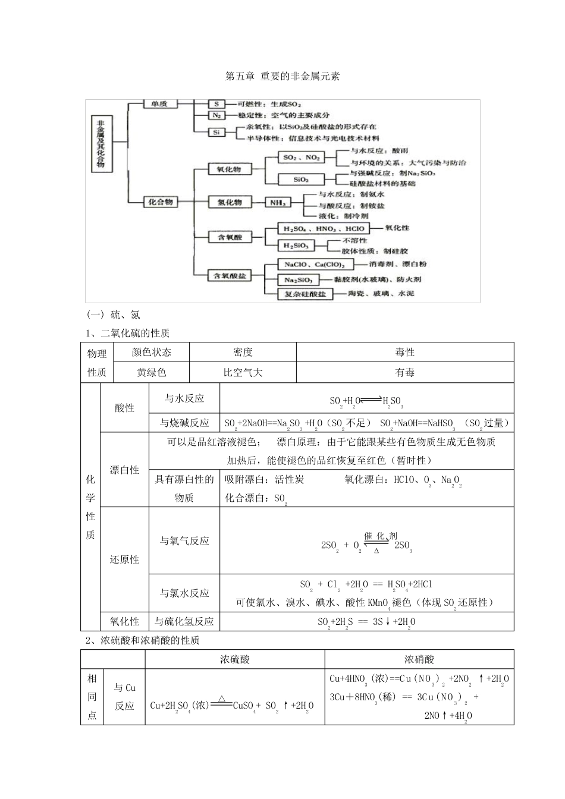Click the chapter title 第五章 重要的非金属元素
[x=282, y=77]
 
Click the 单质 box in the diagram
[x=159, y=104]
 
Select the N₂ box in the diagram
[x=216, y=115]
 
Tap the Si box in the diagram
[x=216, y=133]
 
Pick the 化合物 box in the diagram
[x=161, y=202]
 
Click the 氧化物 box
[x=229, y=169]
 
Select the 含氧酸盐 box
[x=230, y=276]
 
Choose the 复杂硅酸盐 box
[x=305, y=294]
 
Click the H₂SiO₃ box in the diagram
[x=296, y=246]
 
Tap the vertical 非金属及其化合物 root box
[x=101, y=143]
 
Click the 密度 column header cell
[x=243, y=352]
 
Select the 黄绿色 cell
[x=151, y=373]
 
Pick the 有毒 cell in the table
[x=405, y=373]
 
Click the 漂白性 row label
[x=124, y=470]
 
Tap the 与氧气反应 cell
[x=184, y=541]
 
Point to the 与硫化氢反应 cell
[x=184, y=622]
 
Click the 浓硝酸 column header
[x=419, y=659]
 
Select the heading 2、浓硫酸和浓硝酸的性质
[x=142, y=640]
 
